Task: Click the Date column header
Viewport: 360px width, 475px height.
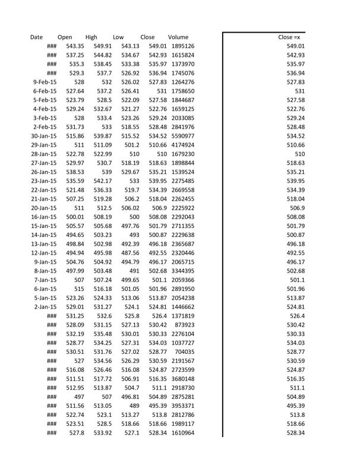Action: coord(36,37)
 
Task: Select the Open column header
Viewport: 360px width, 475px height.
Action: coord(65,37)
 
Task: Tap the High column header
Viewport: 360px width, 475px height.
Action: coord(91,37)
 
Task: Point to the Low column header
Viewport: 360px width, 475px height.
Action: coord(118,37)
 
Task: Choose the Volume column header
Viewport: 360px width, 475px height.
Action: coord(178,37)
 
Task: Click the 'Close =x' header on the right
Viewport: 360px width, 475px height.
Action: coord(289,37)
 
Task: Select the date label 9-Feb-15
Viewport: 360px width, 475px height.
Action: coord(45,82)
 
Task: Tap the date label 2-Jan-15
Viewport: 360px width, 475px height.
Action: coord(45,307)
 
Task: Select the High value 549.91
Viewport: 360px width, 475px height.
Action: coord(102,46)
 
